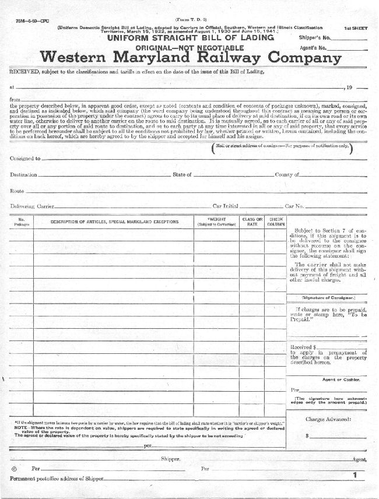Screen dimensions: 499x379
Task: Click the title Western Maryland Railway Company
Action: click(190, 58)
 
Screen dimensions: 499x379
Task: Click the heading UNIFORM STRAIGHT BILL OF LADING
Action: click(190, 37)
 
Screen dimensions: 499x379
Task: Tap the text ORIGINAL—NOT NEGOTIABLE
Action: click(189, 47)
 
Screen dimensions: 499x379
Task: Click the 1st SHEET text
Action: click(355, 28)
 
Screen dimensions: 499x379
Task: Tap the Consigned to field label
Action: click(25, 158)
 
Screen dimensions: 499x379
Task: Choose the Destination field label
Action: click(24, 174)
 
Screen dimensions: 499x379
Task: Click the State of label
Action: click(182, 174)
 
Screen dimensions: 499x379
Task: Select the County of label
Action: click(287, 174)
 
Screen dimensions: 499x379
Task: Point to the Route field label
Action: click(17, 191)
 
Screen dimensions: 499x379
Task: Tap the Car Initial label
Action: click(226, 206)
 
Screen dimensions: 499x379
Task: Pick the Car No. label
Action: click(294, 206)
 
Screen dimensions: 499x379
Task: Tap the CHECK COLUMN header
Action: click(276, 222)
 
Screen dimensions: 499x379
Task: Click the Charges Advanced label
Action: click(327, 419)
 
